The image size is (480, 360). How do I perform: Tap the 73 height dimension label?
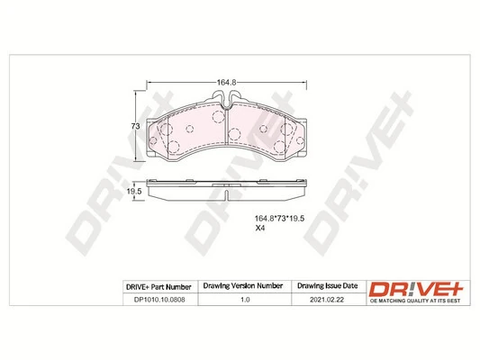[135, 126]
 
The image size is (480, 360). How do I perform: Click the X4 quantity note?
[259, 229]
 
